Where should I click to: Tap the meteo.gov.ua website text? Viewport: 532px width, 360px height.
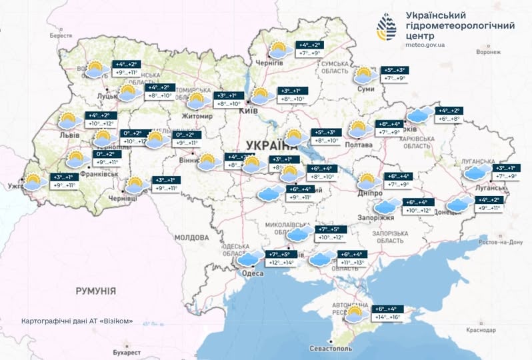coord(426,45)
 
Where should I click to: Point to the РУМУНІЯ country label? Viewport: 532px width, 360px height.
coord(95,291)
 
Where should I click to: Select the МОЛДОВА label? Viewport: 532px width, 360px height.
coord(191,237)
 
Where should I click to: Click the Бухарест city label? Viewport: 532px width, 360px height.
coord(127,351)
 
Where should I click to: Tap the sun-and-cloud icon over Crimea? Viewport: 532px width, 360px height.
coord(354,313)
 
